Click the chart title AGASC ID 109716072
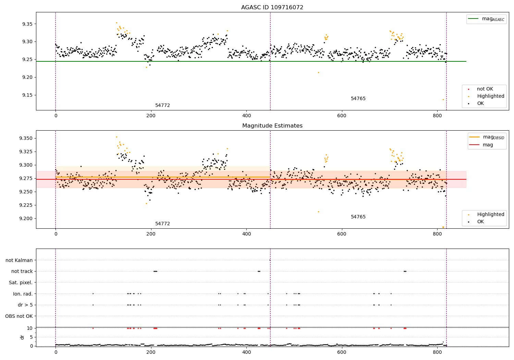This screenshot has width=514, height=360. coord(272,8)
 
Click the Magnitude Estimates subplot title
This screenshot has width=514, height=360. coord(272,126)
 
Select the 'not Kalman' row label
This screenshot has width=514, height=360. coord(19,260)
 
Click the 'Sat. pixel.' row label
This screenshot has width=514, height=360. coord(21,283)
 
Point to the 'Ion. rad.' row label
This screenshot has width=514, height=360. coord(23,294)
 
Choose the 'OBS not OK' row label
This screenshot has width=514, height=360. coord(19,316)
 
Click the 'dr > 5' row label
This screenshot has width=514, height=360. coord(25,305)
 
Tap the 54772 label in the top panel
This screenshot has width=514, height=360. coord(162,106)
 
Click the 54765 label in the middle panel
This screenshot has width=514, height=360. coord(358,217)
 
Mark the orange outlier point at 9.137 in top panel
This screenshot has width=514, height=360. coord(443,99)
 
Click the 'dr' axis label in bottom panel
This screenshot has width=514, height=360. coord(22,337)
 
